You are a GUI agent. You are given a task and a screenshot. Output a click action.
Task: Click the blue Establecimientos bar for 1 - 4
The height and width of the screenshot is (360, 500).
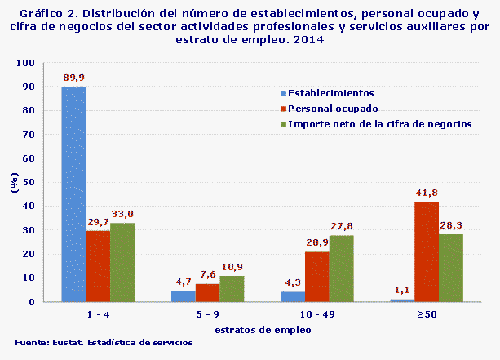(x=73, y=194)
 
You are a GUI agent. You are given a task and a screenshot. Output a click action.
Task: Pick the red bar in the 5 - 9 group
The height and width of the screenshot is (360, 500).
(x=207, y=292)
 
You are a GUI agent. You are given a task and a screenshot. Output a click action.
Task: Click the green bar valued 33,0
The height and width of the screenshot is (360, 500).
(x=122, y=262)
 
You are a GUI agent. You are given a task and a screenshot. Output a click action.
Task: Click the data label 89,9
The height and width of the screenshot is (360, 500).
(x=74, y=78)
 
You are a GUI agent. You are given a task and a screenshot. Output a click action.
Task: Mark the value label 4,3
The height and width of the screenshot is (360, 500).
(x=293, y=282)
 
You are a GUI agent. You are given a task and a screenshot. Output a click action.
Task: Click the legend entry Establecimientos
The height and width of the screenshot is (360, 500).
(x=330, y=93)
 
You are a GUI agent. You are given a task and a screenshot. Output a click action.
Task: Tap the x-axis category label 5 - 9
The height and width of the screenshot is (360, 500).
(x=207, y=314)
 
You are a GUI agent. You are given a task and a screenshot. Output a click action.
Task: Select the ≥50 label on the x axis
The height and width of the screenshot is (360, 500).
(x=414, y=314)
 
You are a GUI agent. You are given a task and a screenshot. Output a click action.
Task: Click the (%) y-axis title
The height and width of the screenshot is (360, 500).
(x=14, y=183)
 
